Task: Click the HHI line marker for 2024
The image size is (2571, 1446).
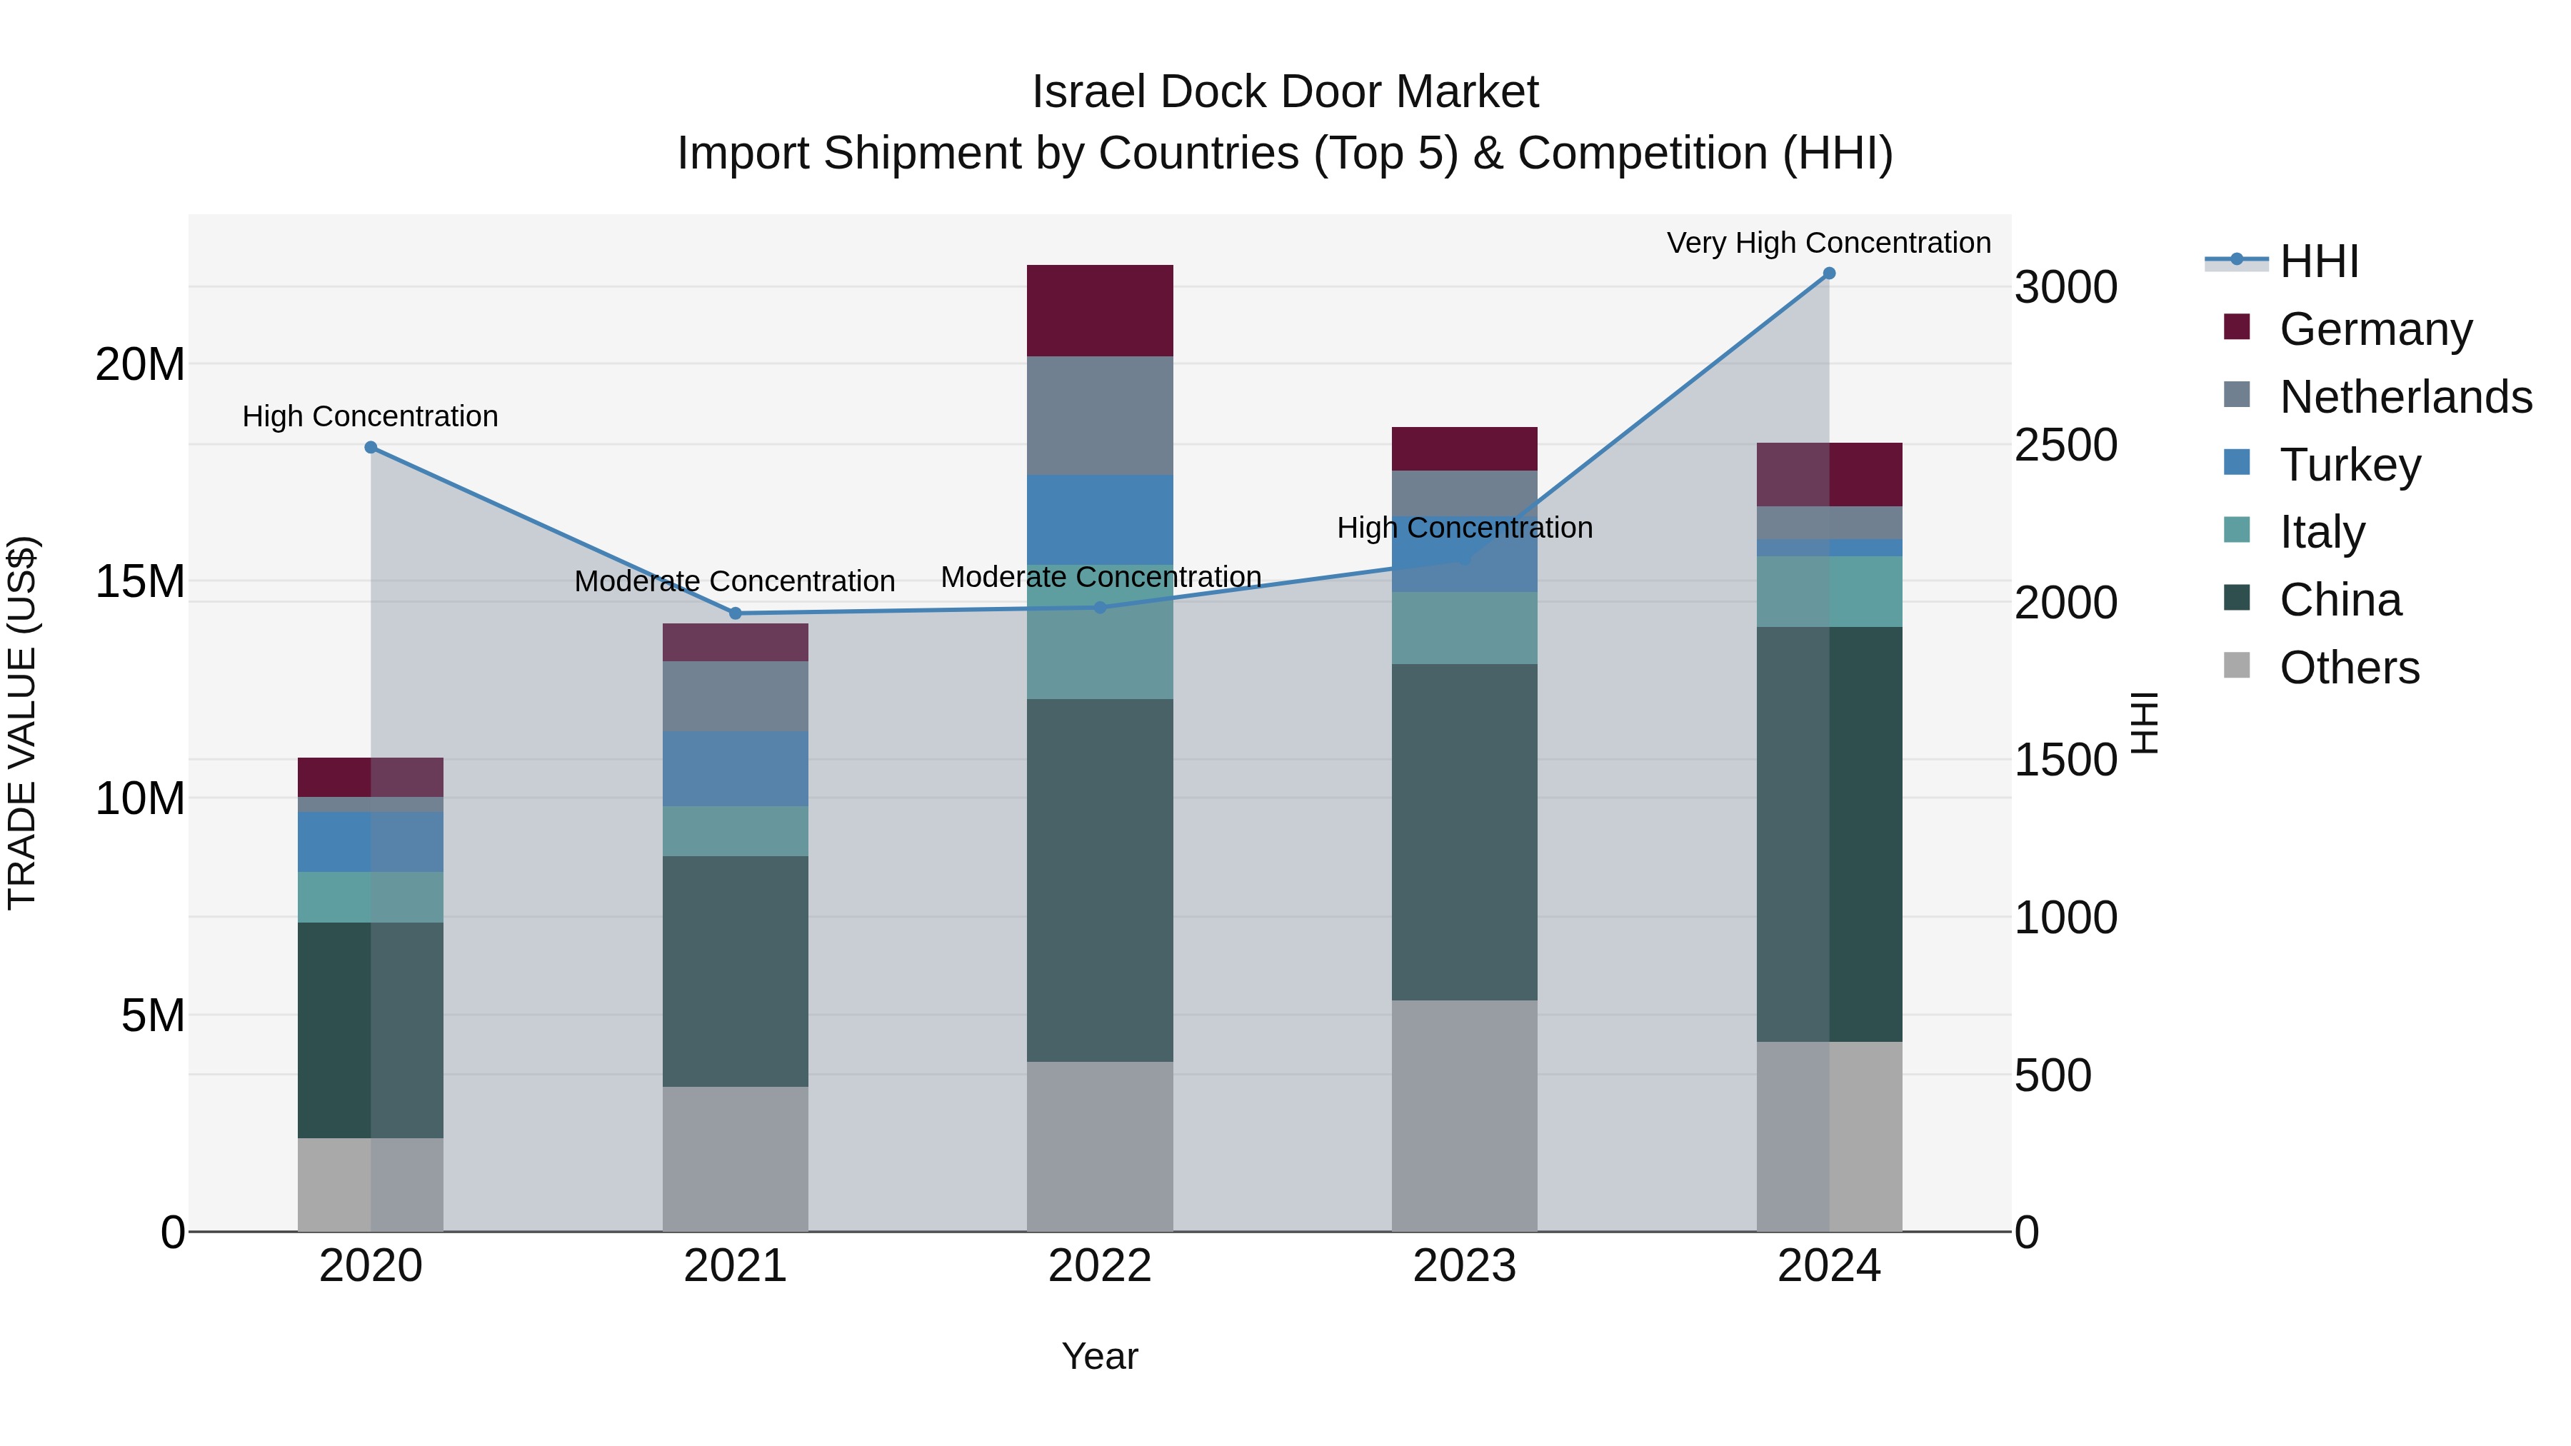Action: coord(1828,273)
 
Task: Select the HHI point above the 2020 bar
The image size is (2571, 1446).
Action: coord(370,447)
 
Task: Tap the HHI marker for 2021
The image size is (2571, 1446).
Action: coord(736,613)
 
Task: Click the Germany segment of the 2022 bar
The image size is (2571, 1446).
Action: coord(1100,311)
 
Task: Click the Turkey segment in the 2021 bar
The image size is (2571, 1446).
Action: coord(736,768)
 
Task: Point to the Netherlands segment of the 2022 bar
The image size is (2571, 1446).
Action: coord(1100,415)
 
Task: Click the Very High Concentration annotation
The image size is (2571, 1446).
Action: coord(1828,243)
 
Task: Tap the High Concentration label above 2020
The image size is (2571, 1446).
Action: coord(370,416)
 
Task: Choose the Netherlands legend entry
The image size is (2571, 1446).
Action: coord(2405,396)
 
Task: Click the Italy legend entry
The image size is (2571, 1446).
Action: coord(2322,532)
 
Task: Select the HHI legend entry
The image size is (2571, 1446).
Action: coord(2318,261)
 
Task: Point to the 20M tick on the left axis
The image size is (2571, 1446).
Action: coord(140,364)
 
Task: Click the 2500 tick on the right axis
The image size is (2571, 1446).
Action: coord(2065,445)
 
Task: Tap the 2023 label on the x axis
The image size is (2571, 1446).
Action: coord(1464,1266)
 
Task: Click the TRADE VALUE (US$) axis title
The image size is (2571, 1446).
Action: coord(22,723)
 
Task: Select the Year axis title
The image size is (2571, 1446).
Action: coord(1100,1356)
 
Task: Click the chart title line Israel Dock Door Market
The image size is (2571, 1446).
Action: coord(1285,92)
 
